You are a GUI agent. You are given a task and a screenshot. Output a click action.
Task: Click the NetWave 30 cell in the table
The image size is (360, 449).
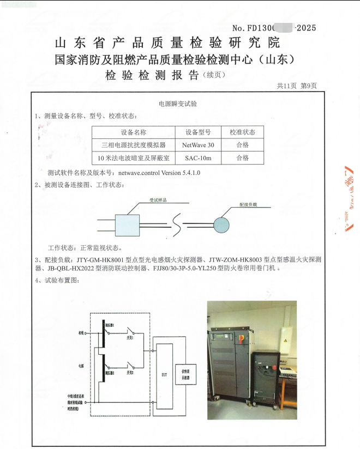point(198,145)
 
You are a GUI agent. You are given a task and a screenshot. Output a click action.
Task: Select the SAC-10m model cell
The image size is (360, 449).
point(198,158)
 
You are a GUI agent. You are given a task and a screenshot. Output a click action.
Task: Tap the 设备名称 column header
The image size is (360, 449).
point(133,132)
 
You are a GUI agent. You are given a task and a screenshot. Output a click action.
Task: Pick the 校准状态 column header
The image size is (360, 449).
point(242,132)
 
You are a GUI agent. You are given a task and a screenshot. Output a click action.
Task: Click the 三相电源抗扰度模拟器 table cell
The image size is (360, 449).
point(133,145)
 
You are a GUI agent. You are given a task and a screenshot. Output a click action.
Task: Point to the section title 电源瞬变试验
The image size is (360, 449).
point(177,103)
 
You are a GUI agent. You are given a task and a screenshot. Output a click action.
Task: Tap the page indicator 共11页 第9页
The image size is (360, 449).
point(297,86)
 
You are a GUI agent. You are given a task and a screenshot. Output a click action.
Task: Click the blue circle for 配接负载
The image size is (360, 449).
point(221,225)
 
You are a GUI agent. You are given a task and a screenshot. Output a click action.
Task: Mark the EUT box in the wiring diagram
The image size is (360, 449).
point(164,374)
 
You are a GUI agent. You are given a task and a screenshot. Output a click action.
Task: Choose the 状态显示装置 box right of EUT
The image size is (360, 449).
point(185,374)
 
